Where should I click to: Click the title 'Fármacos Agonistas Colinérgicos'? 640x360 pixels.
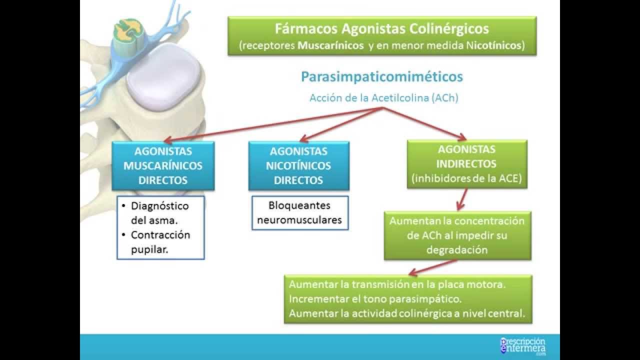(381, 28)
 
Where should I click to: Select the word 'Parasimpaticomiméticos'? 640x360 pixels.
(381, 77)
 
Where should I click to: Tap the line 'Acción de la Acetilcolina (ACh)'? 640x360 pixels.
(383, 98)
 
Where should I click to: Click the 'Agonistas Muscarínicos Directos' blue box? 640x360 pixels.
(163, 165)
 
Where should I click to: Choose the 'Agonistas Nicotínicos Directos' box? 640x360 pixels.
(298, 165)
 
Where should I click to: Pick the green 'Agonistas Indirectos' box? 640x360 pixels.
(466, 164)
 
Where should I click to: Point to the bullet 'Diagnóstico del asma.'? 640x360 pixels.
(159, 212)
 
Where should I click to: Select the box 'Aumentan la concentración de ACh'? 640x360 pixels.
(457, 235)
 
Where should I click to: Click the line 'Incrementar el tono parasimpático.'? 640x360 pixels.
(374, 299)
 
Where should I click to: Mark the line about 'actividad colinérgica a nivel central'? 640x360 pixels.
(406, 313)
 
